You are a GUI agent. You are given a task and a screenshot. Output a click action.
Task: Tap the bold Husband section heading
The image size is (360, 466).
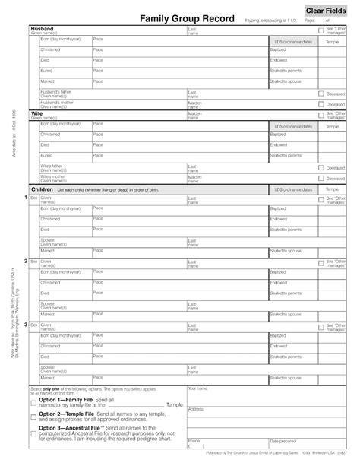point(42,27)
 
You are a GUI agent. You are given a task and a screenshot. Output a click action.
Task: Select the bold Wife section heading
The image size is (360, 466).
point(36,113)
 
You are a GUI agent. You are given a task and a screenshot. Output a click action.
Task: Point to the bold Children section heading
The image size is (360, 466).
point(42,189)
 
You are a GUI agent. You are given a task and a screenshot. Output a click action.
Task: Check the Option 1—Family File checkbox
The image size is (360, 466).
point(33,401)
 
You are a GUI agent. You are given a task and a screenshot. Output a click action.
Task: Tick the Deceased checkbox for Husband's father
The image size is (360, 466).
point(321,94)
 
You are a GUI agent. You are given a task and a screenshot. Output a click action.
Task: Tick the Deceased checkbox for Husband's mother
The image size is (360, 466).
point(321,103)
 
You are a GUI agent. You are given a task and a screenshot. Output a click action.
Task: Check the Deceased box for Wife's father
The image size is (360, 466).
point(321,167)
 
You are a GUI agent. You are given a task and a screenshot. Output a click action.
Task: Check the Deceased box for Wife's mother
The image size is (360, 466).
point(321,178)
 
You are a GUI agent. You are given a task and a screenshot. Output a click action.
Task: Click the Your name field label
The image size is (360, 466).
point(197,388)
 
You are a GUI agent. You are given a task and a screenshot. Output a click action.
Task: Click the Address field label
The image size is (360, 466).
point(195,409)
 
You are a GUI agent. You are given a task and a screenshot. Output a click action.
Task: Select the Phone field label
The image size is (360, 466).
point(194,440)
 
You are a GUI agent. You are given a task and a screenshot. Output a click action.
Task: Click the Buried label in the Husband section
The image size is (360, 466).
point(46,71)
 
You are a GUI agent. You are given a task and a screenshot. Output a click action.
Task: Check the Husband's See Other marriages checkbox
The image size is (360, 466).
point(321,30)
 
